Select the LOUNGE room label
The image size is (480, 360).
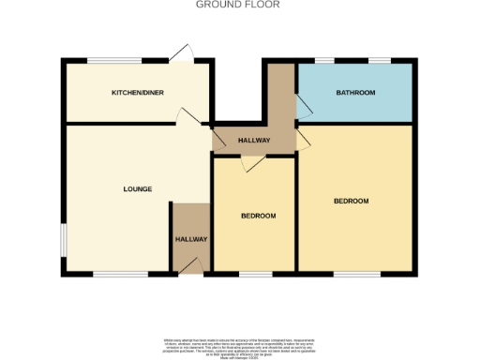coord(137,189)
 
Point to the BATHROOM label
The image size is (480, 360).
coord(355,93)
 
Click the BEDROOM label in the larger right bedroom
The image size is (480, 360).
coord(352,202)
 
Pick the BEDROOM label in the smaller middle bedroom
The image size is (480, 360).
coord(258,217)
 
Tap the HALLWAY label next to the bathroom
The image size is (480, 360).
coord(254,141)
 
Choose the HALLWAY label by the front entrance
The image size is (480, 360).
coord(191,239)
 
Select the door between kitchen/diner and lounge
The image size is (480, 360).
coord(187,116)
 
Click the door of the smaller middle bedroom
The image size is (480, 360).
coord(248,163)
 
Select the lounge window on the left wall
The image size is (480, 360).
coord(63,239)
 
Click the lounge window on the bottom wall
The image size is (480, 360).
coord(120,274)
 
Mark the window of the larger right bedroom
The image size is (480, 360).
coord(357,274)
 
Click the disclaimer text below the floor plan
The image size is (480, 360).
coord(239,344)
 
